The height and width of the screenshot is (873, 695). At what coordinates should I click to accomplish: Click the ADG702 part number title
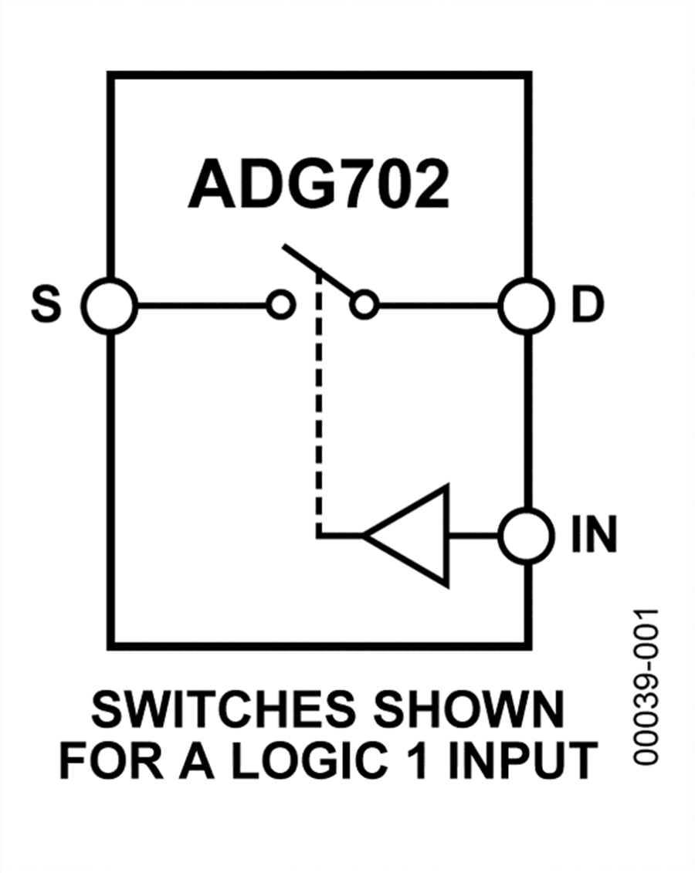(x=318, y=186)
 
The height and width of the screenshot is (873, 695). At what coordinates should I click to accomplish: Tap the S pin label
(x=46, y=306)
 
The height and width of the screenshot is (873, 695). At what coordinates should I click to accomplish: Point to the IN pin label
(x=594, y=534)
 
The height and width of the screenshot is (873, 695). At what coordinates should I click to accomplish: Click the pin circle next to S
(x=110, y=306)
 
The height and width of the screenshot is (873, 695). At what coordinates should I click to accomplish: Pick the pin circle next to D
(x=526, y=306)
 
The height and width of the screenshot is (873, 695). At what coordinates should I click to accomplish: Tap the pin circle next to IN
(x=526, y=534)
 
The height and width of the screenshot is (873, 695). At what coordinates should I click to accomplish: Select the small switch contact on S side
(x=280, y=306)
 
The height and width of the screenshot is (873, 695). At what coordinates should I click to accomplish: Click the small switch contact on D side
(x=363, y=306)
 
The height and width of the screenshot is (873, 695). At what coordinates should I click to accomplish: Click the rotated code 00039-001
(x=646, y=686)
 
